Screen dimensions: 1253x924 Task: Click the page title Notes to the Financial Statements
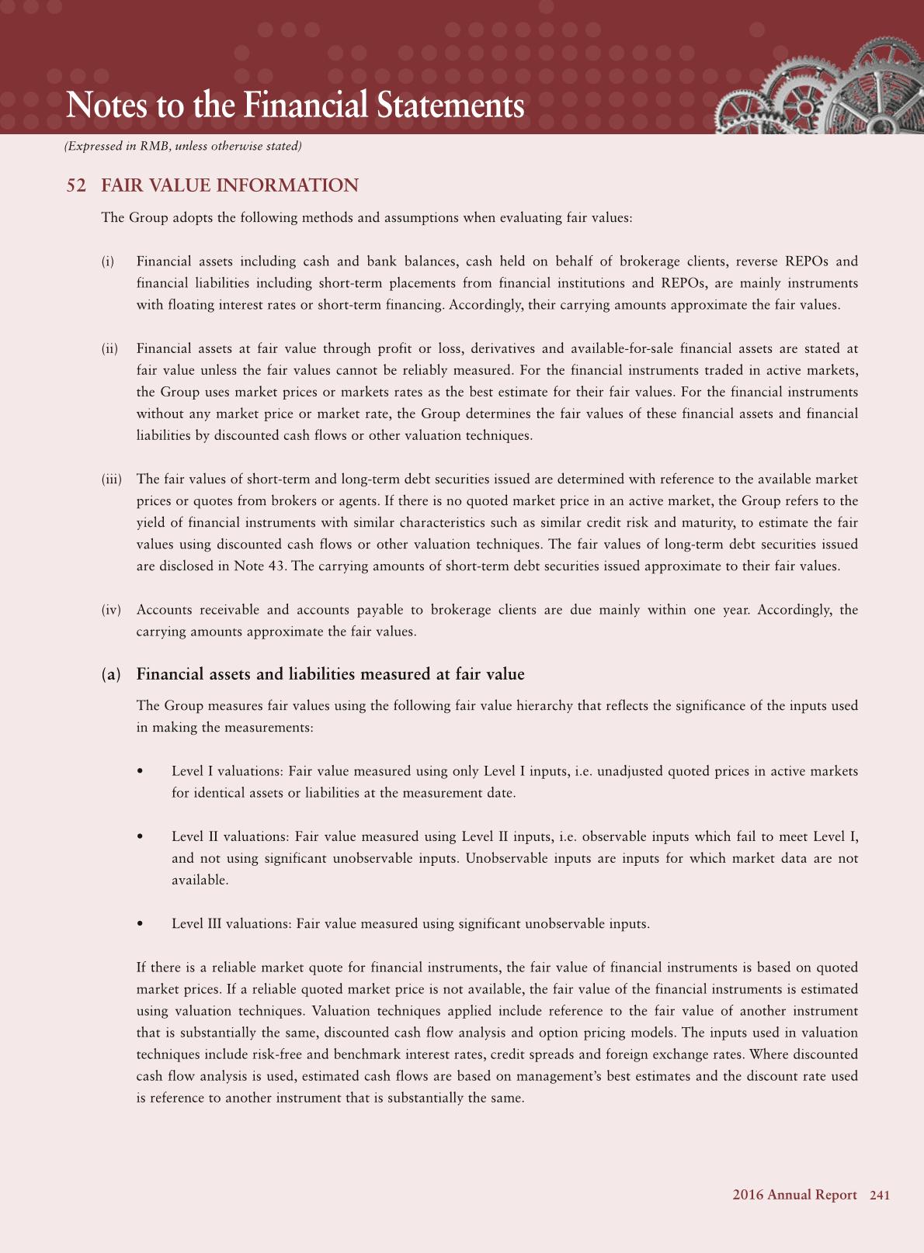(x=295, y=106)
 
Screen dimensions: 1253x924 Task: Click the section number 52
(x=76, y=185)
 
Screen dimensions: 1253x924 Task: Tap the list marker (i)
(x=108, y=261)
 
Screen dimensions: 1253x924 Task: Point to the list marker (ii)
(x=109, y=348)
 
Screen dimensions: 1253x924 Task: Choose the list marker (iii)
(x=112, y=479)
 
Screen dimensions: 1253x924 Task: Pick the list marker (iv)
(x=111, y=610)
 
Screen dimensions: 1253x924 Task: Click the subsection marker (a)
(x=112, y=674)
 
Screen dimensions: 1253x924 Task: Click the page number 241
(x=880, y=1196)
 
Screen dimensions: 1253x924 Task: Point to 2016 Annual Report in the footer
(x=794, y=1196)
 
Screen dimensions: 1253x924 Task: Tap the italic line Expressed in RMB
(x=183, y=146)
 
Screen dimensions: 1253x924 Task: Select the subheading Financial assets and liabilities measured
(x=330, y=674)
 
